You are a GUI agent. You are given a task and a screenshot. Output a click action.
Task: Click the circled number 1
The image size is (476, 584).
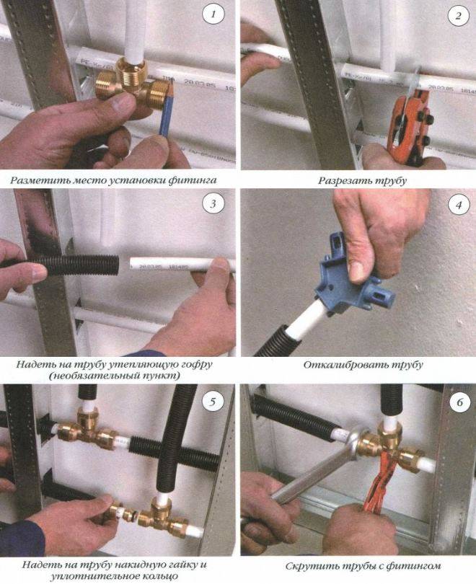click(x=213, y=14)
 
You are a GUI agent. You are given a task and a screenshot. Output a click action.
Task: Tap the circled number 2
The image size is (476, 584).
click(x=458, y=15)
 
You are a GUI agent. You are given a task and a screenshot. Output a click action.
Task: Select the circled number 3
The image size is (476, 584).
click(x=213, y=204)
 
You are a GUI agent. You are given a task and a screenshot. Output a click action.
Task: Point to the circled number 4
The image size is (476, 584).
click(x=459, y=205)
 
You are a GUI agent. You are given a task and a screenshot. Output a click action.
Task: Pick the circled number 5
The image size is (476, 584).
click(x=213, y=402)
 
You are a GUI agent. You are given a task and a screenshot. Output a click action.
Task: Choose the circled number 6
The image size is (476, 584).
click(x=459, y=402)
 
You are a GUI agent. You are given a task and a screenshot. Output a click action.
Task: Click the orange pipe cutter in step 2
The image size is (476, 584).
click(x=409, y=125)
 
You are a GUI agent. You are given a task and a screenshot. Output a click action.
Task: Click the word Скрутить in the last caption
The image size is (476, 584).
click(x=308, y=567)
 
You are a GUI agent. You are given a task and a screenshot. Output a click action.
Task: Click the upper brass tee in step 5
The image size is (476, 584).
click(x=88, y=428)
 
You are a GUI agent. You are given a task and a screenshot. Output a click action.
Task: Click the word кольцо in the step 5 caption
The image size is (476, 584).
click(x=154, y=576)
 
